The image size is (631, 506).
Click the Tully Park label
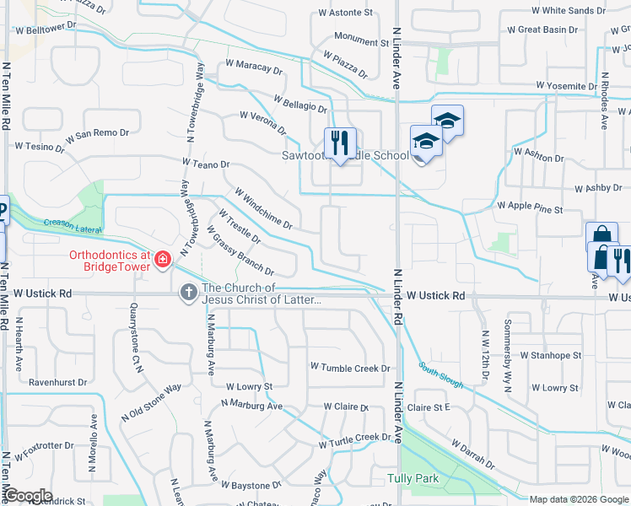point(413,478)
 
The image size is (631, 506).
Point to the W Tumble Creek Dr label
point(350,368)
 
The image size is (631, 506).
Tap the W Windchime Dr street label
point(263,210)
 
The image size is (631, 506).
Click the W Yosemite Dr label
point(573,87)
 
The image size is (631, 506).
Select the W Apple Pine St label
point(529,205)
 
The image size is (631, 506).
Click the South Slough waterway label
point(440,375)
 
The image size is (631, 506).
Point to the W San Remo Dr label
point(97,133)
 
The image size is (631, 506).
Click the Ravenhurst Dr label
point(57,382)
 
